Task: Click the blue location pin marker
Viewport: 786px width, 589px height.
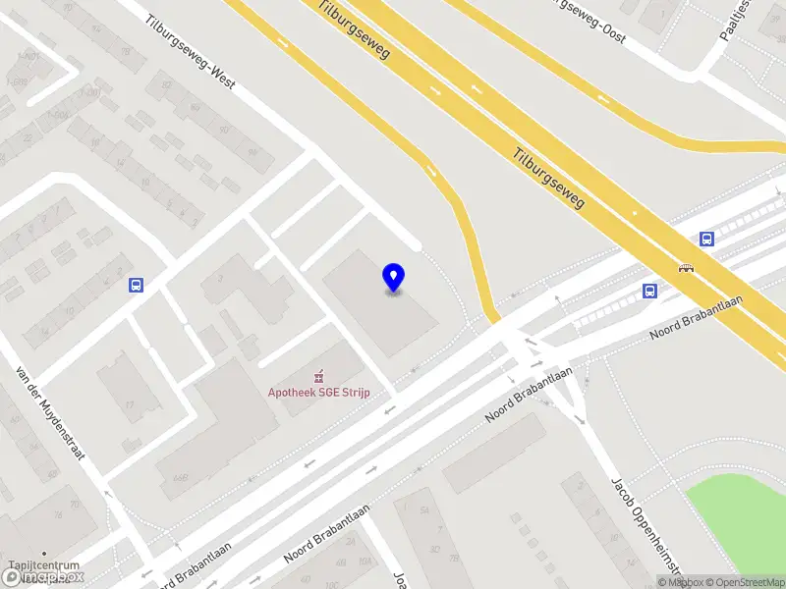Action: click(394, 278)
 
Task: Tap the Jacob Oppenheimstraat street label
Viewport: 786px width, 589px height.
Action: click(645, 526)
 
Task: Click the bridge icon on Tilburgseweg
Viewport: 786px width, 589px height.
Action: click(686, 267)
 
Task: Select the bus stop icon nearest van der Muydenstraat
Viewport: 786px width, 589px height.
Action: click(136, 286)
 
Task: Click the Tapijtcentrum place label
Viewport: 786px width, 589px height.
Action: click(43, 565)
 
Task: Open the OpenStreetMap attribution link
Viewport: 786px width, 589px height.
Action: click(743, 582)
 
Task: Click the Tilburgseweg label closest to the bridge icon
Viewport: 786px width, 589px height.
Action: click(548, 177)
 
